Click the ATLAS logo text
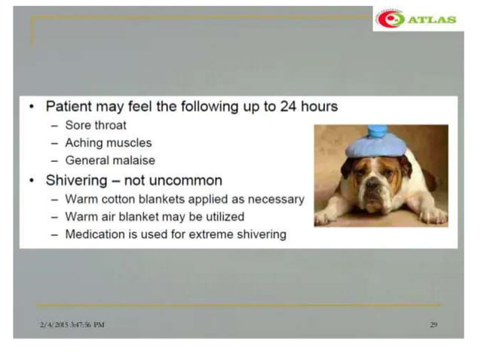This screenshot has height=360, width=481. (x=432, y=19)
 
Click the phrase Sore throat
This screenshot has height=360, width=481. (x=96, y=125)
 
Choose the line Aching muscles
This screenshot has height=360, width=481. (x=109, y=142)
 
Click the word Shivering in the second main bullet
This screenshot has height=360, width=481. (x=80, y=181)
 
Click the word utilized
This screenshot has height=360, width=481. (x=218, y=217)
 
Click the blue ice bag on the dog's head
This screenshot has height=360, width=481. (x=375, y=141)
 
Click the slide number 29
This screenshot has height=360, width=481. (x=434, y=325)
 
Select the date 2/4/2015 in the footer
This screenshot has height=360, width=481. (x=54, y=325)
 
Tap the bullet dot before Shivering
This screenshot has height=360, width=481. (x=31, y=181)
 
